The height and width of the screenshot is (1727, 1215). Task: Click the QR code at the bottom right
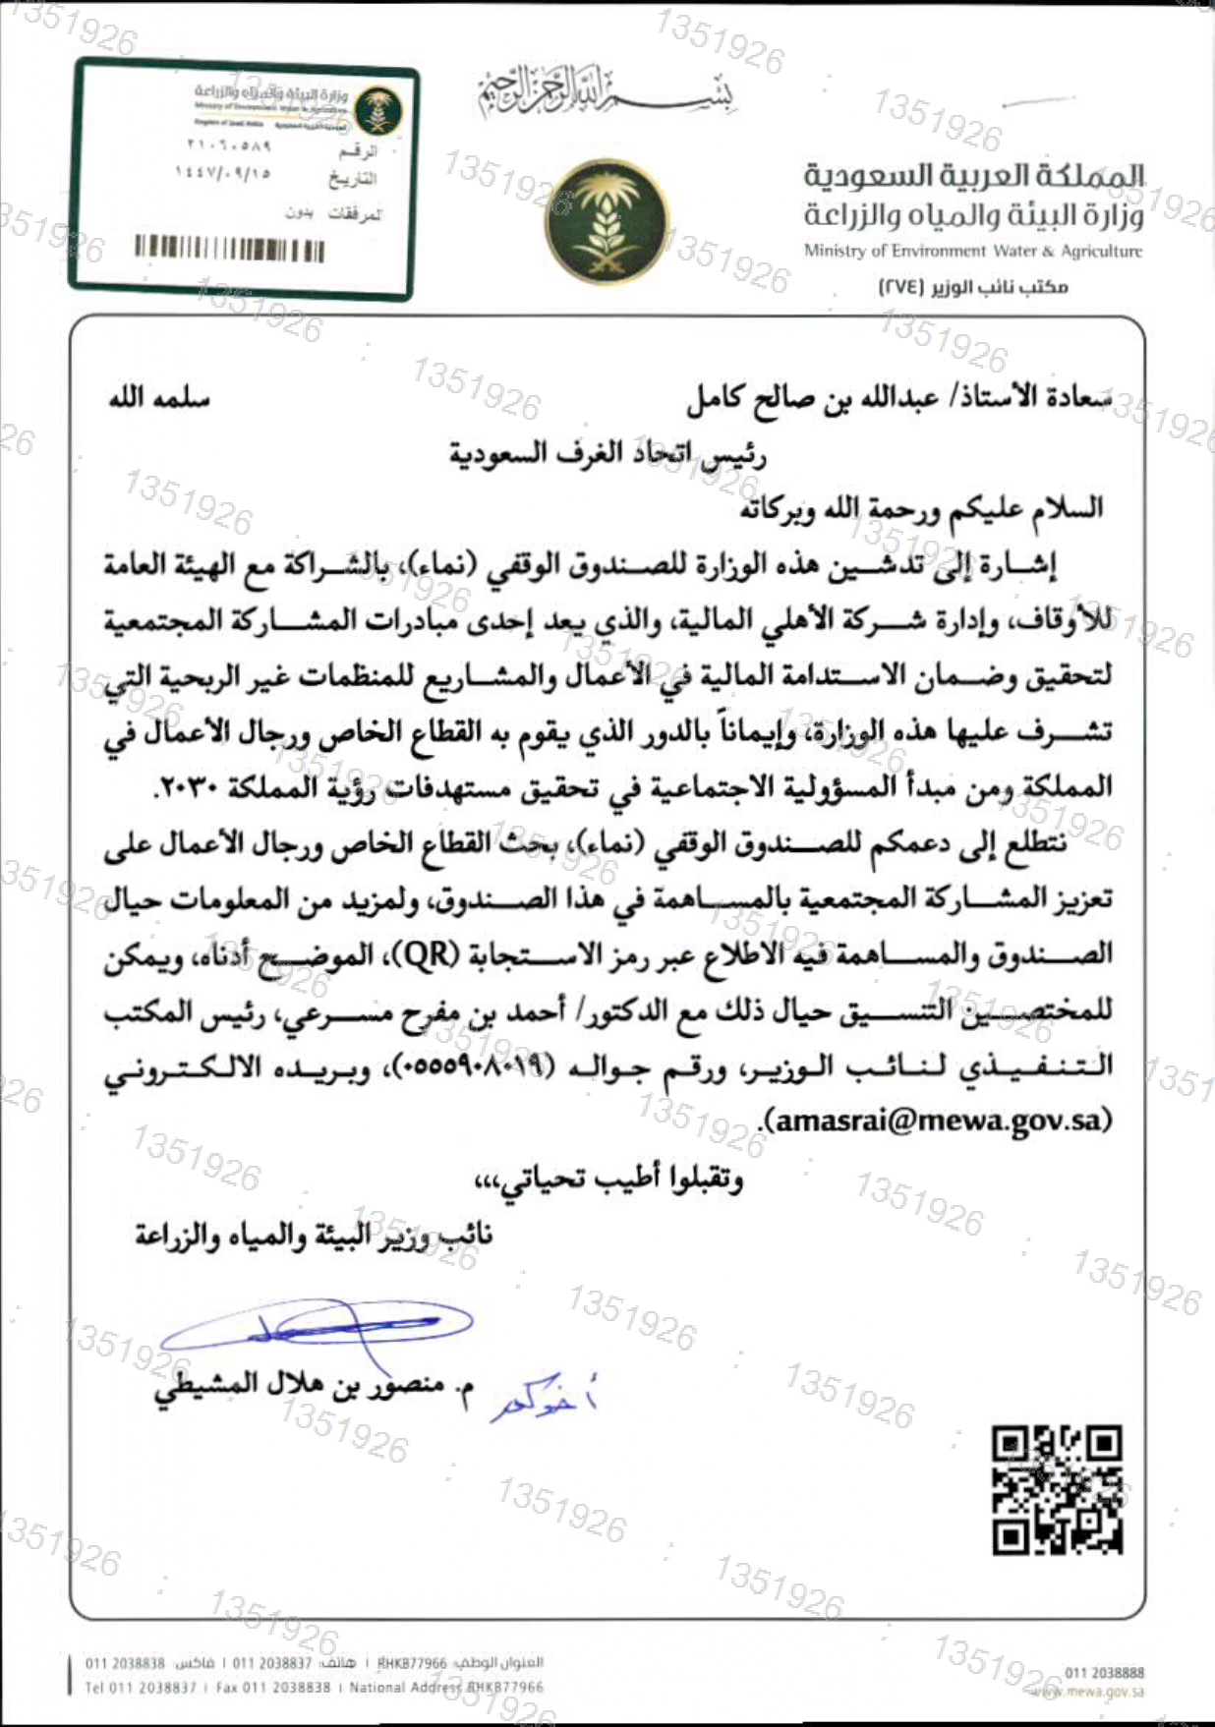[1057, 1490]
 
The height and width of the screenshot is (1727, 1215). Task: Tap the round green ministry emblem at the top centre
[607, 223]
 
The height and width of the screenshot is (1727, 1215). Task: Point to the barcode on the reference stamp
[229, 249]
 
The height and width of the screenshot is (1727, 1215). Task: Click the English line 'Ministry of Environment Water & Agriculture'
[972, 252]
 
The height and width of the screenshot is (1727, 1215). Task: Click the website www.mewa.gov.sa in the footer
[1090, 1692]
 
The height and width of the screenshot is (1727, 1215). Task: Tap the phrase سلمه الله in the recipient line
[159, 398]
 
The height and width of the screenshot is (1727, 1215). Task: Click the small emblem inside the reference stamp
[378, 109]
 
